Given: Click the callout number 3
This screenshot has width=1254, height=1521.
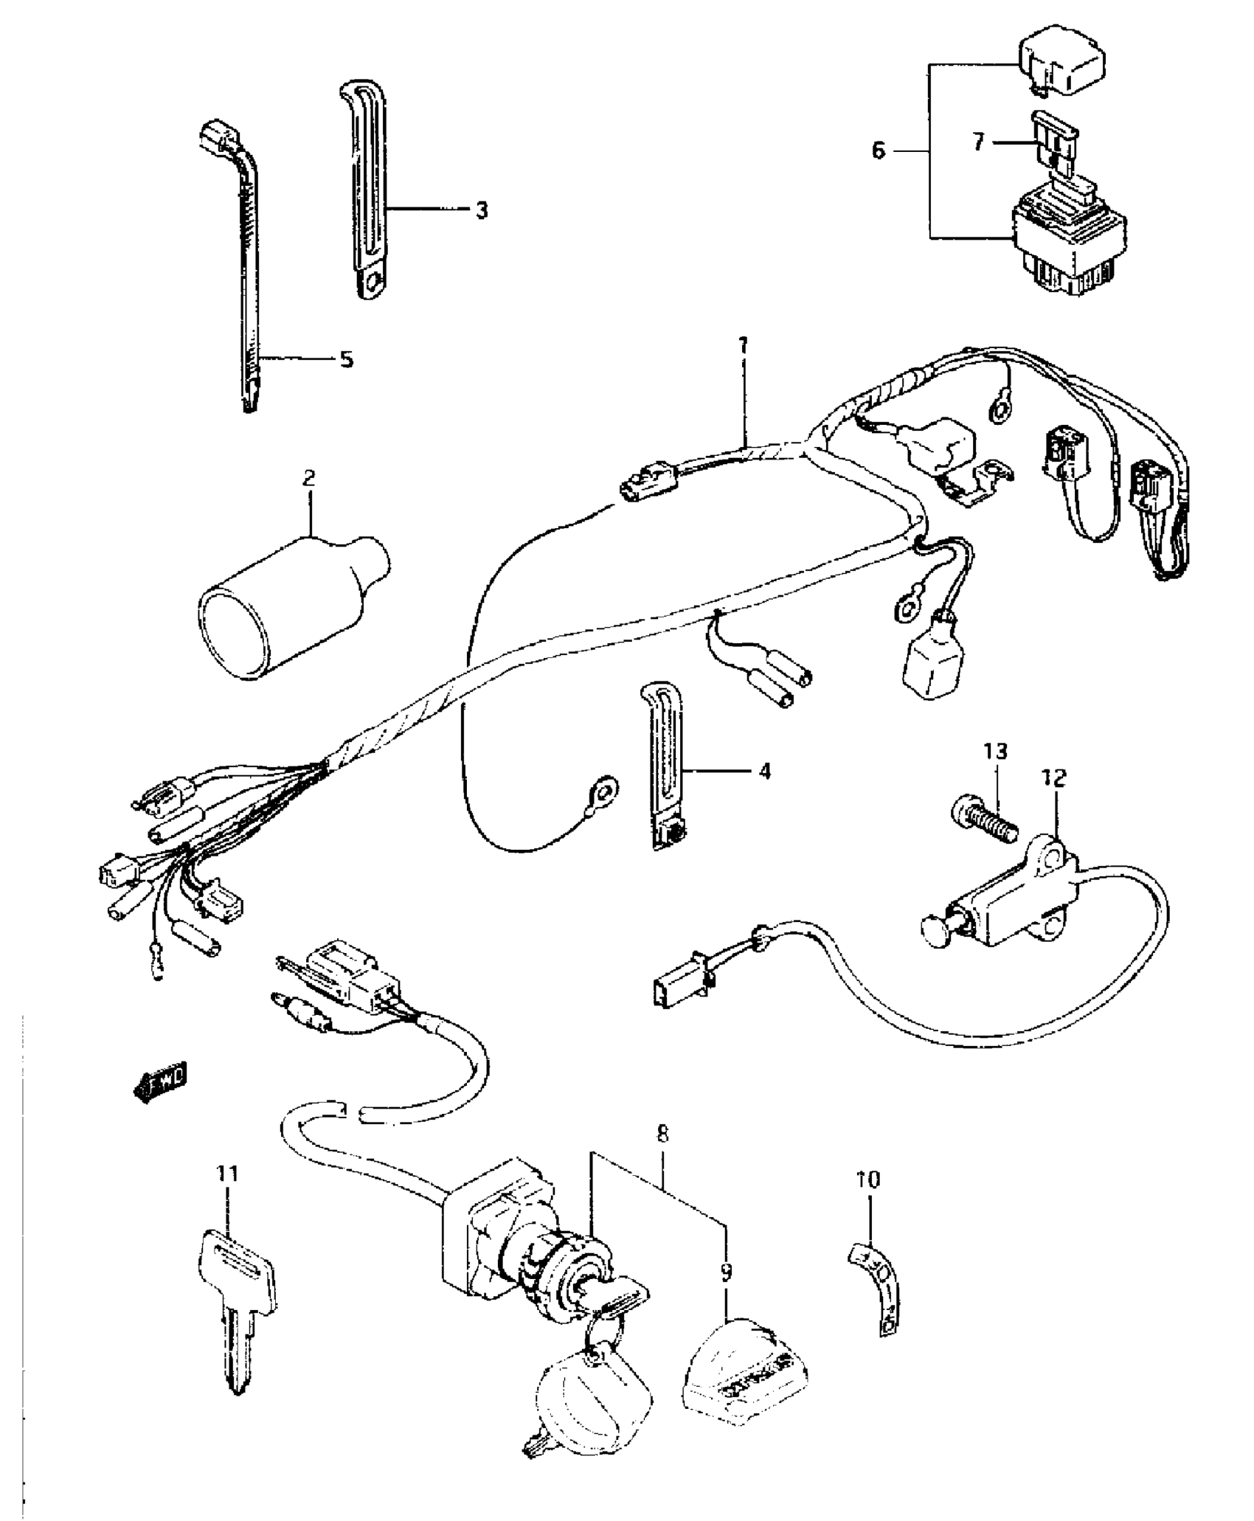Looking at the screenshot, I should [481, 211].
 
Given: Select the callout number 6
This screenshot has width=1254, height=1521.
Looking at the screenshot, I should [878, 151].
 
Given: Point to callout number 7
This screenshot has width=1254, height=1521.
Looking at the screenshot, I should [978, 141].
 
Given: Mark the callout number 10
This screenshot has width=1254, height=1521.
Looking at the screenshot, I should [868, 1179].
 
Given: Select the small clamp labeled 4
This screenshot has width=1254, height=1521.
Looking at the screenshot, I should [664, 767].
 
